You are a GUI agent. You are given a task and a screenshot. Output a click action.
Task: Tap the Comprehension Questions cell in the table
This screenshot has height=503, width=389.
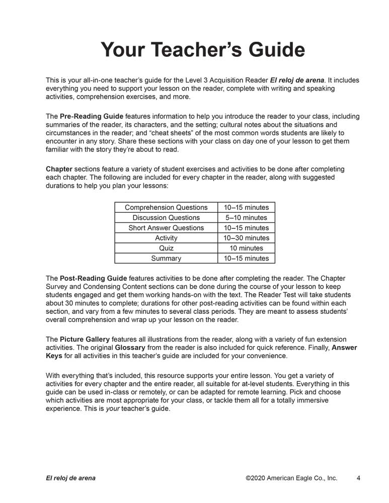pos(166,207)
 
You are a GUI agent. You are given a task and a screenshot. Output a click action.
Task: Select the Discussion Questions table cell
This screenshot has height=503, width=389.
pos(166,218)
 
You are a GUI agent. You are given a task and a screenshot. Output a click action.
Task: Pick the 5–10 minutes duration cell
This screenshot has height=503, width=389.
pos(247,218)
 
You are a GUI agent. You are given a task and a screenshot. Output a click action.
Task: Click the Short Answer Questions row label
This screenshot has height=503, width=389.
pos(166,228)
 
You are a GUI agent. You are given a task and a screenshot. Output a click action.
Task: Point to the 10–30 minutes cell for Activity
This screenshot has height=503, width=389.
pos(247,238)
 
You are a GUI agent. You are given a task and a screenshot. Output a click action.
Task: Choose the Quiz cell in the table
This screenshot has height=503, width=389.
pos(166,248)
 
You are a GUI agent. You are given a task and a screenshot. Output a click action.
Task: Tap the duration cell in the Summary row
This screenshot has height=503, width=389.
pos(247,259)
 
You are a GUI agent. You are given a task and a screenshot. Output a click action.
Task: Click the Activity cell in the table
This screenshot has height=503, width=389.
pos(166,238)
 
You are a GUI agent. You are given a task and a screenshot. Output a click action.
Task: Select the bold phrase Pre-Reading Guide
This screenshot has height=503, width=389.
pos(91,116)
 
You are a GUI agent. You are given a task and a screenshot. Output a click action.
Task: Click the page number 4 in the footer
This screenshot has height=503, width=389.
pos(358,478)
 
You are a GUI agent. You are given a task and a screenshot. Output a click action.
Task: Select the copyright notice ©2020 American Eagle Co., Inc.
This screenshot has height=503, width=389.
pos(291,478)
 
